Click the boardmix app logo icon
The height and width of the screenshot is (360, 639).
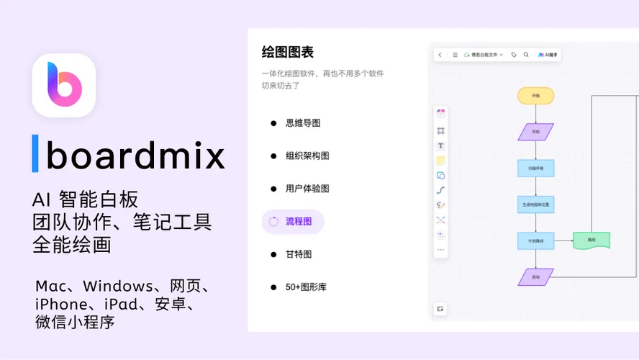[64, 85]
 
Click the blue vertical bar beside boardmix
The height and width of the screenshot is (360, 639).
[35, 153]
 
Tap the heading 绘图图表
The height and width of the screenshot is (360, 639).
[287, 52]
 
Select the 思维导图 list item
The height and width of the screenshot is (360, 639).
[302, 123]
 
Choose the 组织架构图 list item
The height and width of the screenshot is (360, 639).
[307, 156]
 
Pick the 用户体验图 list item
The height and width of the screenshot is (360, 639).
[307, 189]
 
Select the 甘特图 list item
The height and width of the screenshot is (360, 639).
[298, 254]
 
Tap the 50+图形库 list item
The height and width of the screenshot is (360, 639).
[306, 287]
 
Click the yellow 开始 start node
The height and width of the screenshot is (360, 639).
[535, 96]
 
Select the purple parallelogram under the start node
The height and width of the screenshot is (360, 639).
[535, 132]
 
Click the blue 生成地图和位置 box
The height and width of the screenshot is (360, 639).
[535, 204]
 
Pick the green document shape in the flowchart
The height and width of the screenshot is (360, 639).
[592, 240]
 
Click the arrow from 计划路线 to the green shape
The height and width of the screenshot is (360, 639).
[563, 240]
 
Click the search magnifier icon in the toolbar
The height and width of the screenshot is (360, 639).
[526, 55]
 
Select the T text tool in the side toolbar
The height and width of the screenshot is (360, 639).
[441, 145]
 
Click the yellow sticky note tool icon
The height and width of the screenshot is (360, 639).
[441, 161]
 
